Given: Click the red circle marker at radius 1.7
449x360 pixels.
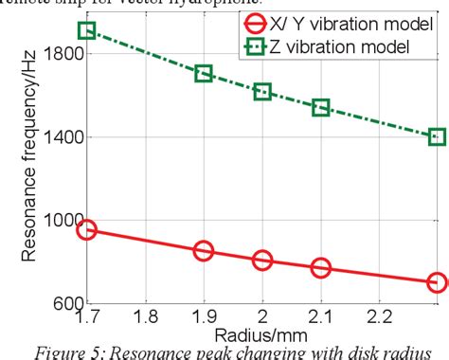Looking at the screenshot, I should tap(86, 229).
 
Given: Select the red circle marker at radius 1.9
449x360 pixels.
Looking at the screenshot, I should tap(204, 251).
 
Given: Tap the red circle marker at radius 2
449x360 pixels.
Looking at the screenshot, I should tap(262, 261).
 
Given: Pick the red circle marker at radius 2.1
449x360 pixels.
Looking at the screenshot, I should tap(321, 268).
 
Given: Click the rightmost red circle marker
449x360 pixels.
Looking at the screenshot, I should tap(437, 282).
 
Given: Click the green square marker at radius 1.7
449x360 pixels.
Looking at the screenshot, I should tap(86, 30).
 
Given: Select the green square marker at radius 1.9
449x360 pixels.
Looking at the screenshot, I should tap(204, 73).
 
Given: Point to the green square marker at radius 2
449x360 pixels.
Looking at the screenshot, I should tap(262, 92).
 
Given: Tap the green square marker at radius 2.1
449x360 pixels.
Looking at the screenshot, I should tap(321, 108).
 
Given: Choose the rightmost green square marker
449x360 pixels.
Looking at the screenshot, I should tap(437, 137).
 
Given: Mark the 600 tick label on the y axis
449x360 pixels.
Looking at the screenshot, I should tap(60, 303).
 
